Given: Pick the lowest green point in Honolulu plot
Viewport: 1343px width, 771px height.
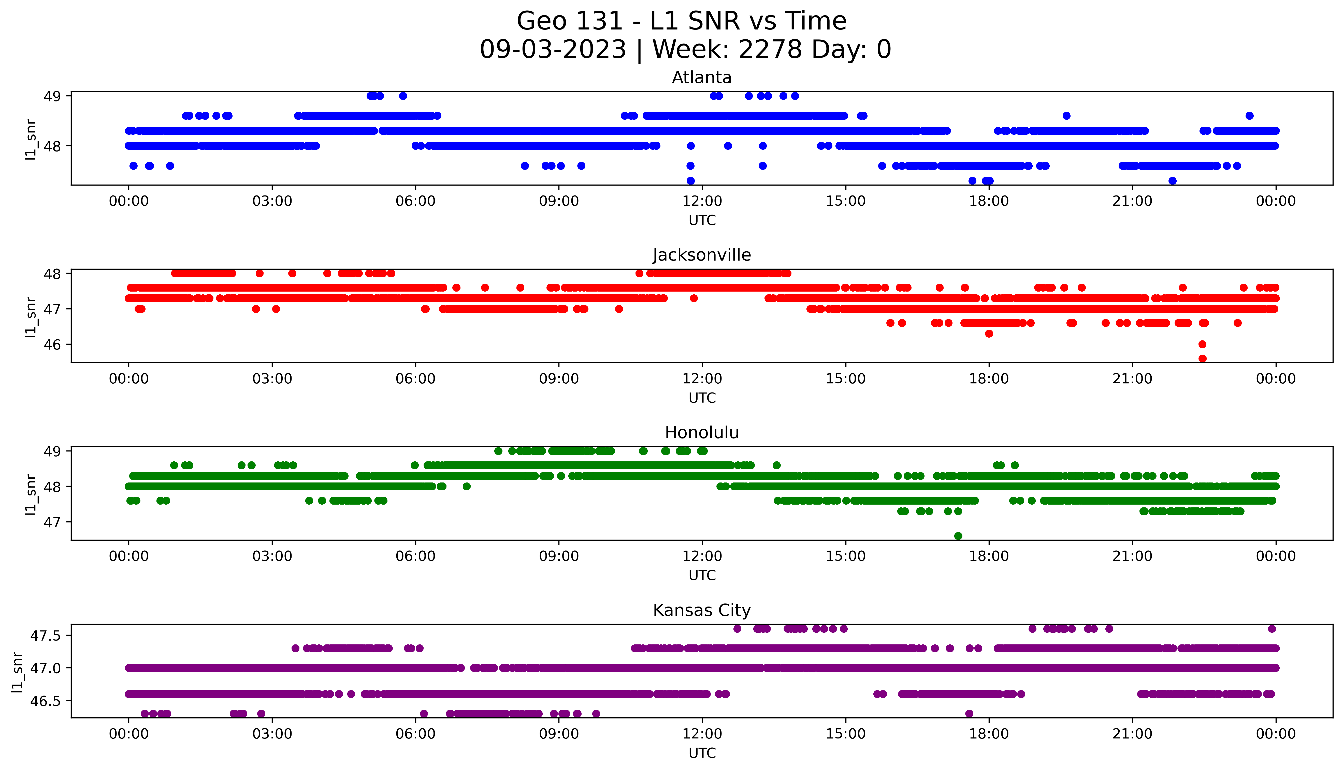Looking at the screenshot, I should click(x=958, y=536).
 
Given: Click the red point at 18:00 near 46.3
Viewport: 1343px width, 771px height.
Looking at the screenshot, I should click(x=989, y=334).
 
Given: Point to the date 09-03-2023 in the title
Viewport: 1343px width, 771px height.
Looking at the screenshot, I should click(x=553, y=50).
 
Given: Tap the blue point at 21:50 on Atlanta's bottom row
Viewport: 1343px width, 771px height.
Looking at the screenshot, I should click(x=1172, y=181).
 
